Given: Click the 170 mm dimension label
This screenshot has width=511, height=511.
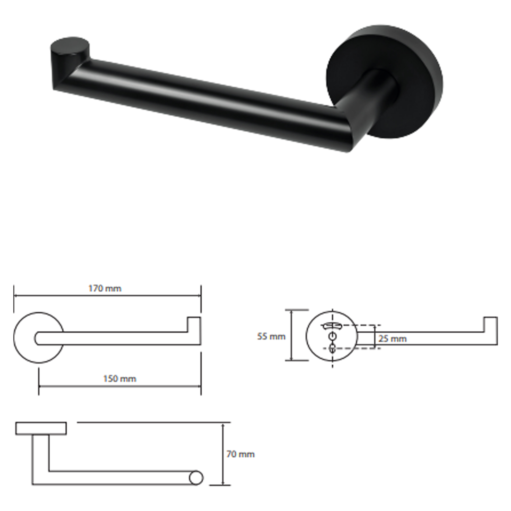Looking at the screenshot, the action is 105,288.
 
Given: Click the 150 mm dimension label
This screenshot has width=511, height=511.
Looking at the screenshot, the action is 120,379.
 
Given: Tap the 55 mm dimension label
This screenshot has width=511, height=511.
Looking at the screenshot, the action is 271,336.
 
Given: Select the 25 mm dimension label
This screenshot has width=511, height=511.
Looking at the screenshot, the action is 392,339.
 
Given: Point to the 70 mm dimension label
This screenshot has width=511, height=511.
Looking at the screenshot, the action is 240,454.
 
